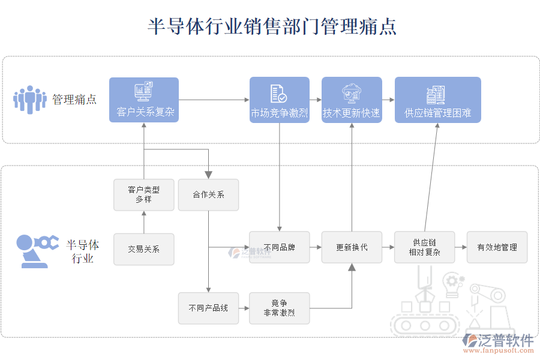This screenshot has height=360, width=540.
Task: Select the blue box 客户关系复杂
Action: click(144, 100)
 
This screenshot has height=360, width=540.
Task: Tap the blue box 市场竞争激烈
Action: click(279, 100)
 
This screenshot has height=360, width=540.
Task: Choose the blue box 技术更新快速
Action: click(352, 100)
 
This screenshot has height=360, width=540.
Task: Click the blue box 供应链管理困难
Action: click(437, 100)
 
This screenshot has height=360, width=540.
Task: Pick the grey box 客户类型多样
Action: click(144, 194)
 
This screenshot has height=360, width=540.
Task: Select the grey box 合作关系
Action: click(208, 194)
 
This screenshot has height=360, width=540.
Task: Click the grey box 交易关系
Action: click(144, 248)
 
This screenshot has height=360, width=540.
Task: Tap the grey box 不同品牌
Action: click(280, 247)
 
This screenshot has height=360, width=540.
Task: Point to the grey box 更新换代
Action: click(352, 247)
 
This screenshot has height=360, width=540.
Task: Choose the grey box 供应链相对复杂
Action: click(424, 247)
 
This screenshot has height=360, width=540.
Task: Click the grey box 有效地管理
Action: click(497, 247)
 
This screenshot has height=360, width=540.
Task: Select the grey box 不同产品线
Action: click(208, 308)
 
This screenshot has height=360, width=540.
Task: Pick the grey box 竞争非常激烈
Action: click(280, 308)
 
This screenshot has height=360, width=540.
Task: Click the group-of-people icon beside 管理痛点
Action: click(29, 100)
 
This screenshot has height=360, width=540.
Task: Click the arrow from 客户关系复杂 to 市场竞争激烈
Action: click(214, 100)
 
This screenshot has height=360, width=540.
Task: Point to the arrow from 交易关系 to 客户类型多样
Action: click(144, 222)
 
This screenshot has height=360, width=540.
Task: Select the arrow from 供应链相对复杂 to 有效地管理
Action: click(460, 247)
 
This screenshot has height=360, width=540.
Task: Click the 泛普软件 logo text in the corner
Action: click(505, 340)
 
